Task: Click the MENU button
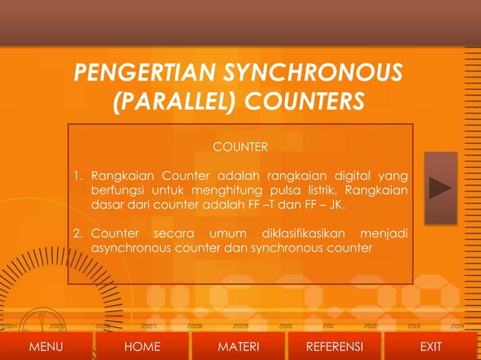46,346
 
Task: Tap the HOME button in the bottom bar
142,346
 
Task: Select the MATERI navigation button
238,346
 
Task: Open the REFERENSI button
335,346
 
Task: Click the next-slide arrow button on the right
440,188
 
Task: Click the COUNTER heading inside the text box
240,145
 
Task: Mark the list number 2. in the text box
78,232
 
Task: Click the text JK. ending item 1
339,204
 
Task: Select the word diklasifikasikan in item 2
302,232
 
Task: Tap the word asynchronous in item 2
129,246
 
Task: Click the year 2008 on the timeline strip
195,327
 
